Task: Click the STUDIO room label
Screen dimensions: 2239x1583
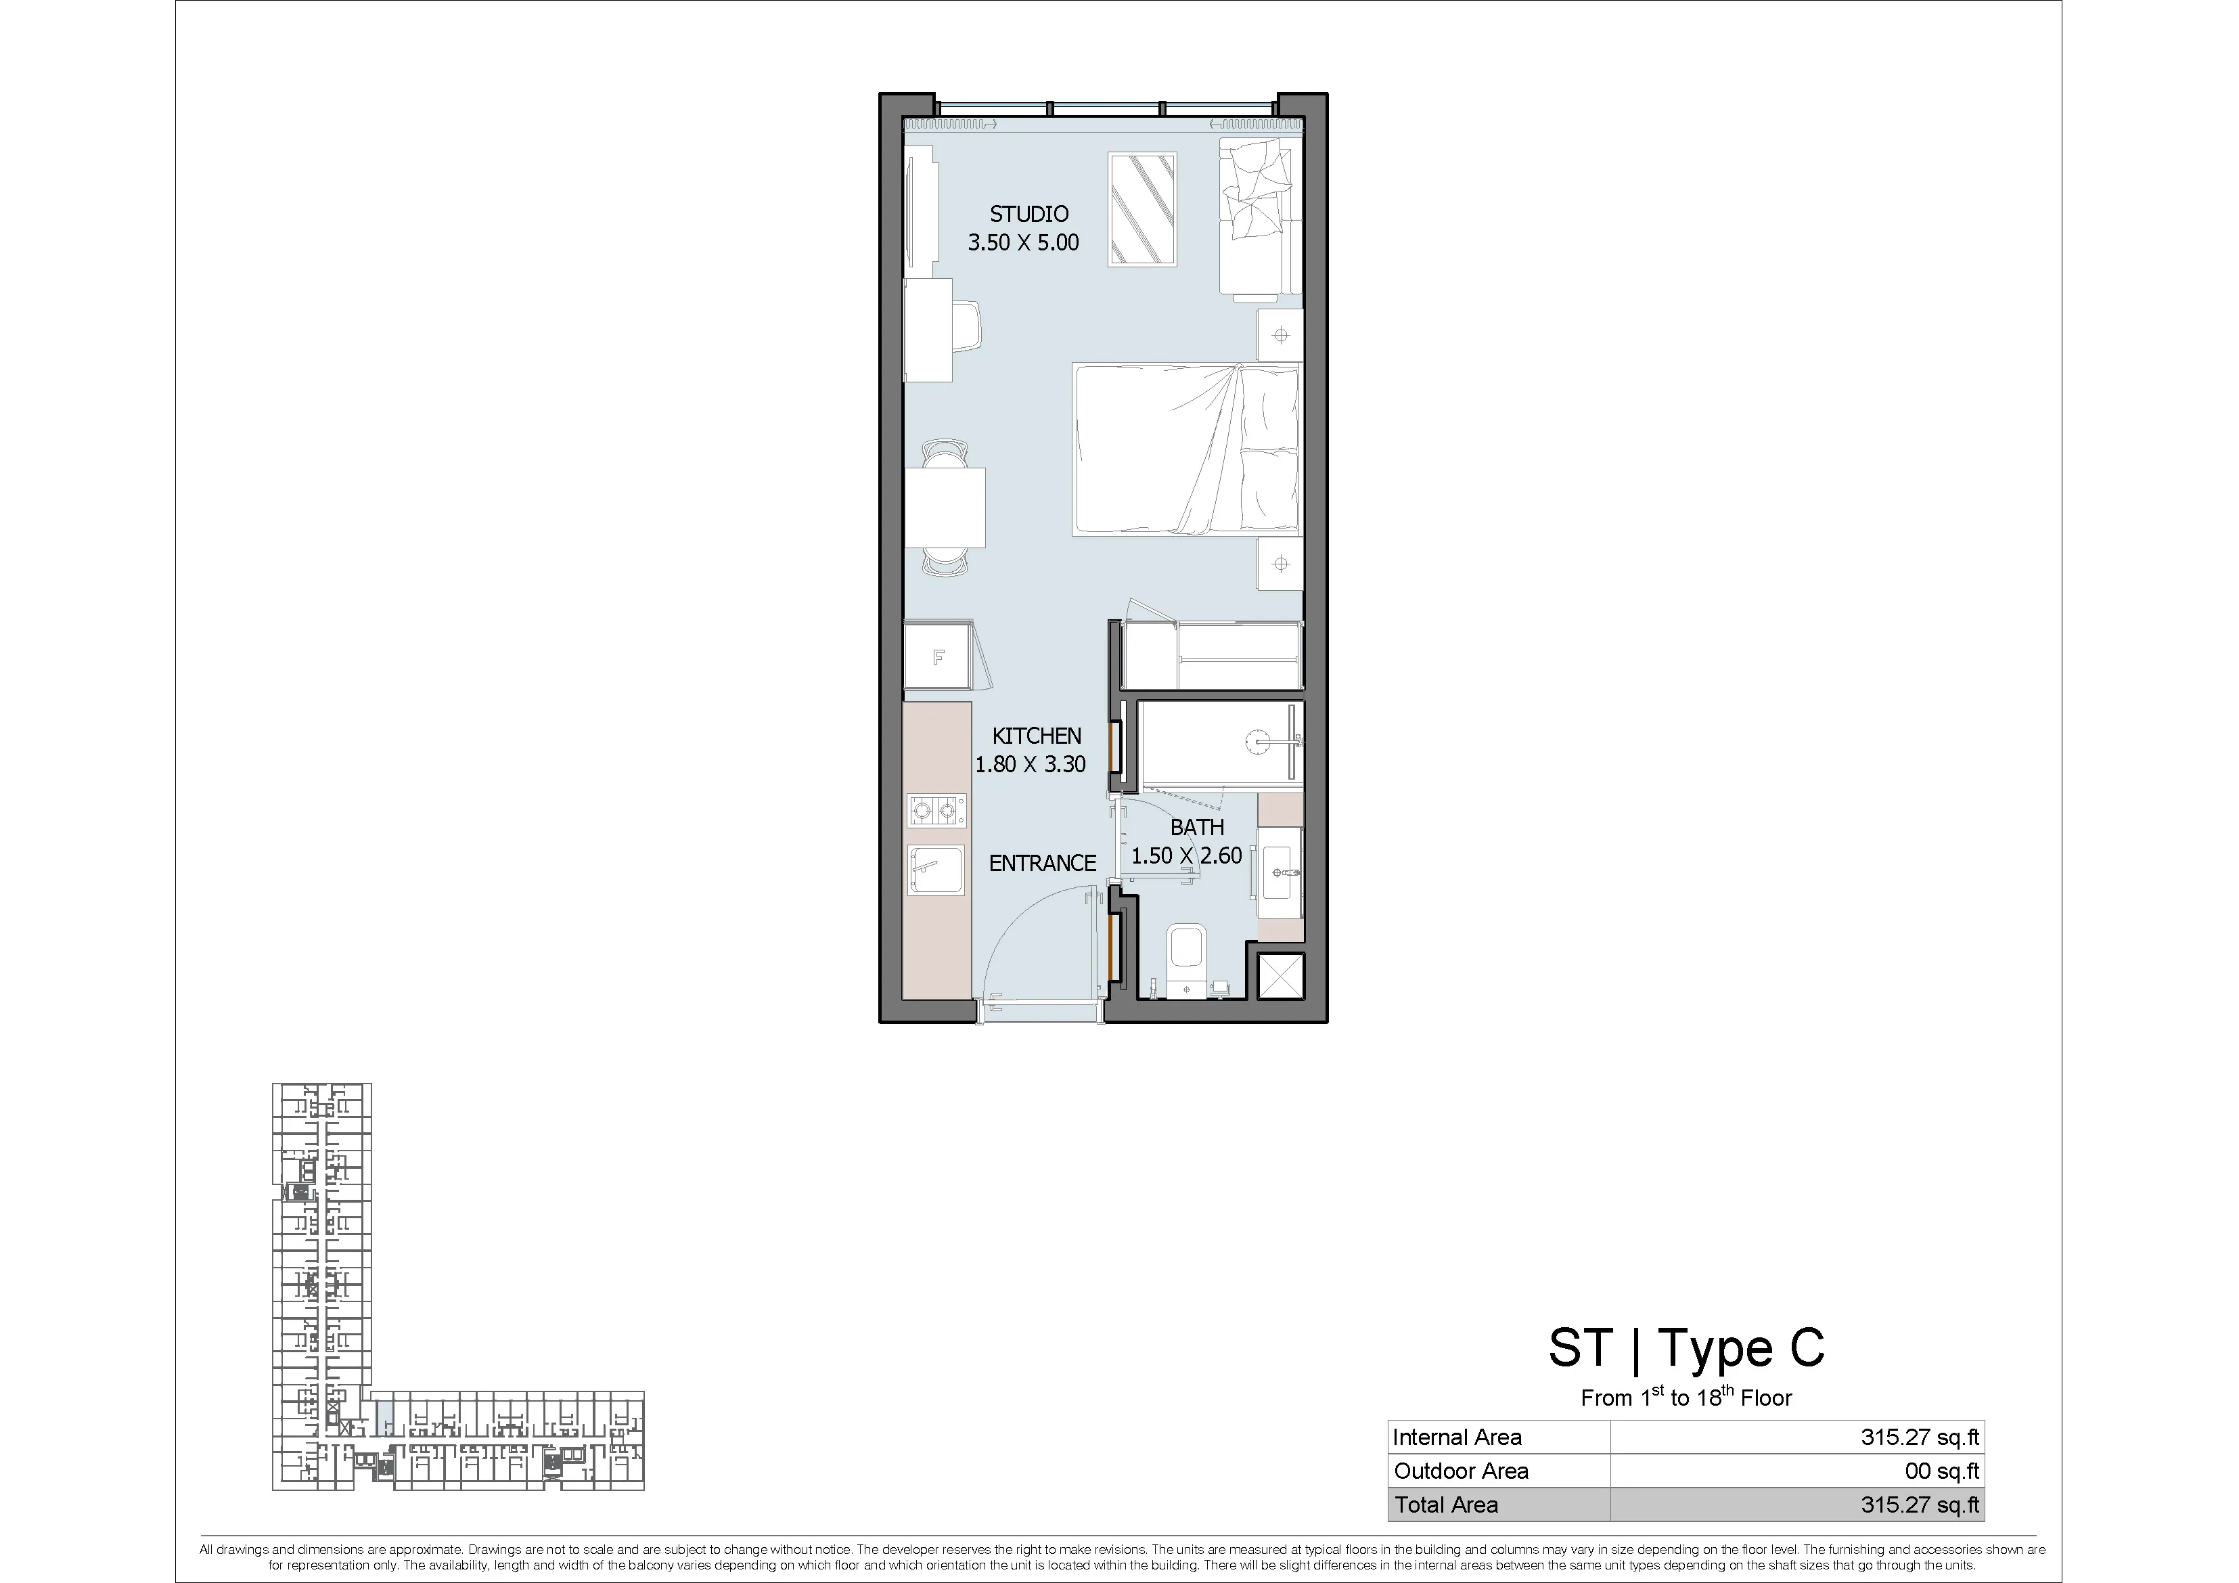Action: point(1028,214)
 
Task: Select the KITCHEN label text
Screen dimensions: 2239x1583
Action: point(1037,736)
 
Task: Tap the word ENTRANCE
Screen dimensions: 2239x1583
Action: point(1043,863)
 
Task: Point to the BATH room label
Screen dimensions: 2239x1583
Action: point(1196,827)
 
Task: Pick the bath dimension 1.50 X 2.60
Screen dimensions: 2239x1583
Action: point(1187,855)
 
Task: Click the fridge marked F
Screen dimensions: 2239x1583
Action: point(938,656)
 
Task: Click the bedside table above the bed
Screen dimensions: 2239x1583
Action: point(1280,336)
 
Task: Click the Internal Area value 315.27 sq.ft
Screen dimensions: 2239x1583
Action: point(1919,1437)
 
